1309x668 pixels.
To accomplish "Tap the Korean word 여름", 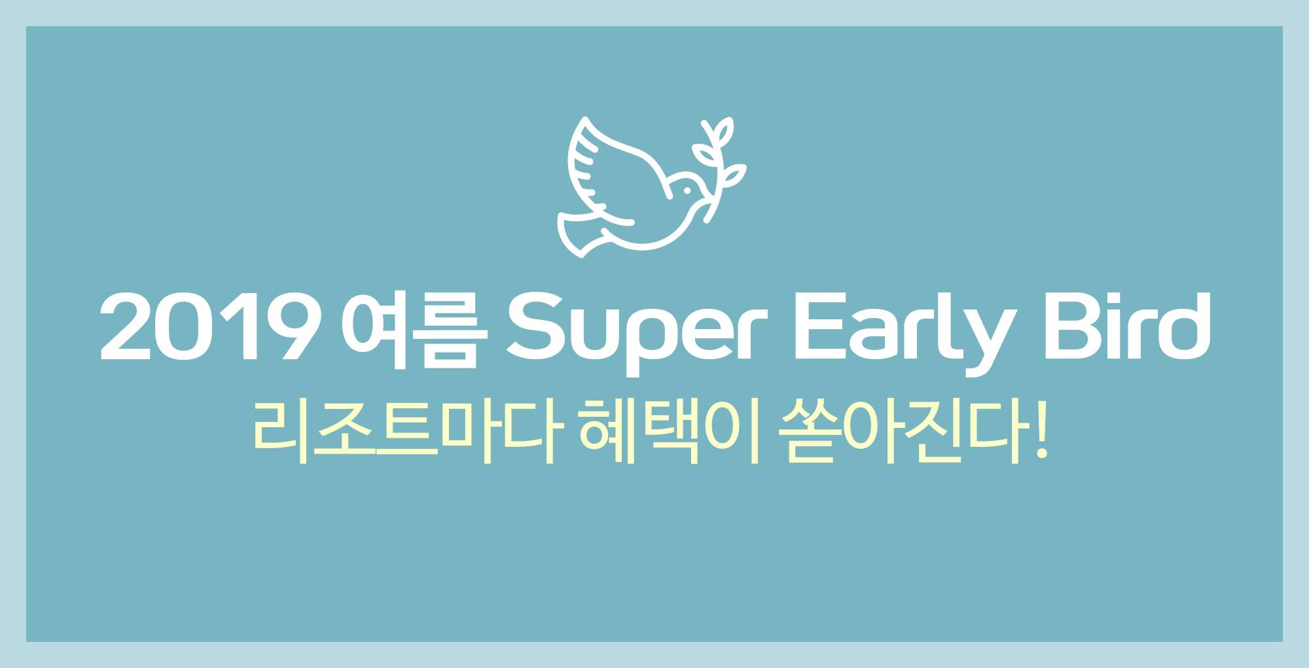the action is [415, 329].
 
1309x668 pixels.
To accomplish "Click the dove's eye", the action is [687, 191].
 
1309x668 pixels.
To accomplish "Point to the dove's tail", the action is [580, 233].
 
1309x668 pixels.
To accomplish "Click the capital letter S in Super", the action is [536, 326].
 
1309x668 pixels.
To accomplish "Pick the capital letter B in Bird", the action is [1071, 326].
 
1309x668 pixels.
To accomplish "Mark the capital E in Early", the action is [821, 326].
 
